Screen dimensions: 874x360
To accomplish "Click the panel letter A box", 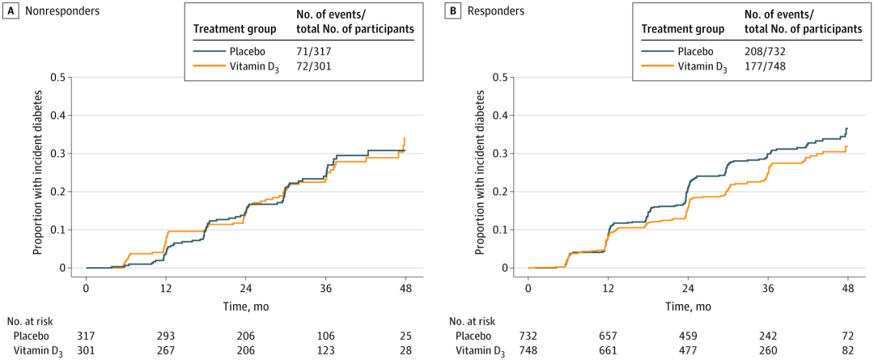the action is (8, 11).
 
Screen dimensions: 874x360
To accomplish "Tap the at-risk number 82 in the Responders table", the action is (849, 352).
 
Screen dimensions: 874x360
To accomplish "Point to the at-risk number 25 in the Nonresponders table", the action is (405, 337).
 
